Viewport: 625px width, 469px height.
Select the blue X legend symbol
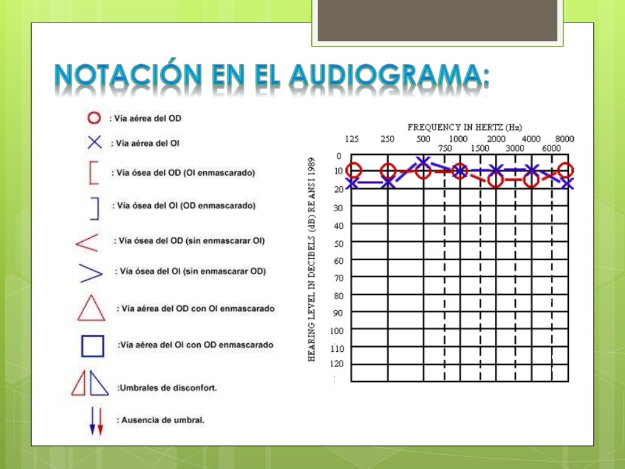click(x=94, y=143)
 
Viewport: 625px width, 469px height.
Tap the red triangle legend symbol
click(x=91, y=308)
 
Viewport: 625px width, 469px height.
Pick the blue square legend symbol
click(x=93, y=346)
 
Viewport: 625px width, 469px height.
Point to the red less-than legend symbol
click(x=87, y=242)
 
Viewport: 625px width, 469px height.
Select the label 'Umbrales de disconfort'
click(x=167, y=388)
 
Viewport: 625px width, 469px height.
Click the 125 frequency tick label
click(x=352, y=139)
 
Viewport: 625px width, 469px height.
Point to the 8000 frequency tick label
click(x=565, y=139)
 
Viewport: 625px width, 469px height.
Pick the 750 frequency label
click(x=445, y=148)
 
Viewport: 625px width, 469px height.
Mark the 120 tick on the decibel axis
click(x=337, y=364)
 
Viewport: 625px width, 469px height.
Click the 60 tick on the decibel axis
click(x=339, y=261)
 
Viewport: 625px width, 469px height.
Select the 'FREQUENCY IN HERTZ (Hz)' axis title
click(x=465, y=128)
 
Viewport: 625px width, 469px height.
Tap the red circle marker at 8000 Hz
click(x=566, y=170)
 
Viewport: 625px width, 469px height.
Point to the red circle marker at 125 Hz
click(x=353, y=171)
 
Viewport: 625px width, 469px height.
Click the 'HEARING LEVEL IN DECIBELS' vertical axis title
click(x=312, y=260)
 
